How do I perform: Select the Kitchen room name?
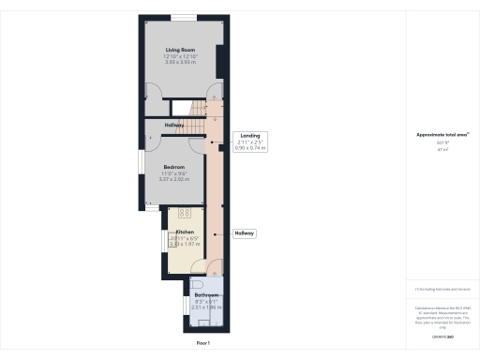click(184, 231)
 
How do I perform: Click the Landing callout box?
click(250, 142)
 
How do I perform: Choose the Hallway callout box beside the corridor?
click(245, 232)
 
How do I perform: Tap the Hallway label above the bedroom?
click(174, 126)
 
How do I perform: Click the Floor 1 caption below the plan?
click(203, 344)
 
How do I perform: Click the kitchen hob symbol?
click(184, 212)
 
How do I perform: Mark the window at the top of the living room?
click(184, 18)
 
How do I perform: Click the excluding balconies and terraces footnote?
click(440, 289)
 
